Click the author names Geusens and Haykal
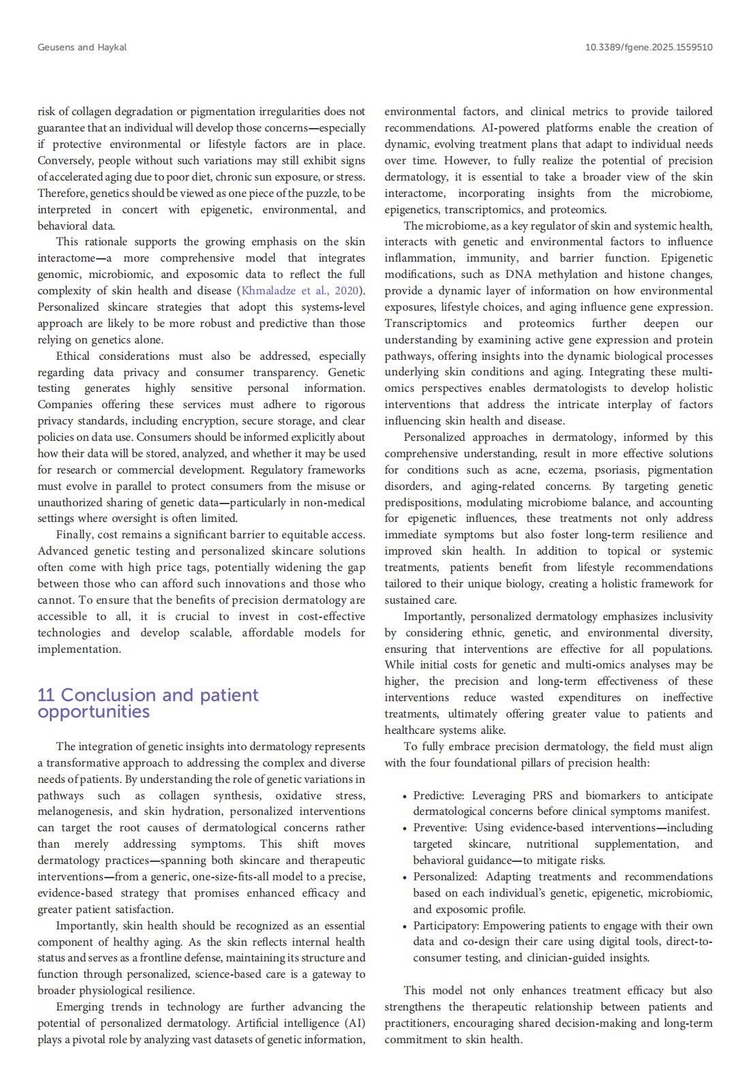click(82, 47)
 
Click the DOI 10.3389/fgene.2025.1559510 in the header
click(648, 47)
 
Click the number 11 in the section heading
click(46, 695)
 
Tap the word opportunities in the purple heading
click(93, 711)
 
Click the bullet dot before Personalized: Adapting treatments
click(405, 877)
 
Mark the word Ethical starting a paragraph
click(73, 356)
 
